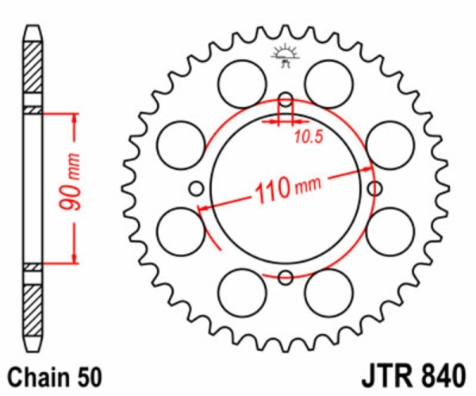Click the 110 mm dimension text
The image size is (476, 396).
pyautogui.click(x=287, y=189)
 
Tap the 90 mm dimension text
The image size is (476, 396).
pyautogui.click(x=70, y=182)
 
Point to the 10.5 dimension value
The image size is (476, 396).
pyautogui.click(x=309, y=137)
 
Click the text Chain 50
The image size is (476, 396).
pyautogui.click(x=54, y=378)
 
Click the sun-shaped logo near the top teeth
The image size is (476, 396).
pyautogui.click(x=285, y=56)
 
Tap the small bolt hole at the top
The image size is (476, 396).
pyautogui.click(x=286, y=100)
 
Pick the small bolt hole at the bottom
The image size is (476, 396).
pyautogui.click(x=286, y=277)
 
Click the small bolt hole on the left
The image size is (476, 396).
pyautogui.click(x=197, y=189)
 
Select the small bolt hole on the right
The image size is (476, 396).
pyautogui.click(x=374, y=189)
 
